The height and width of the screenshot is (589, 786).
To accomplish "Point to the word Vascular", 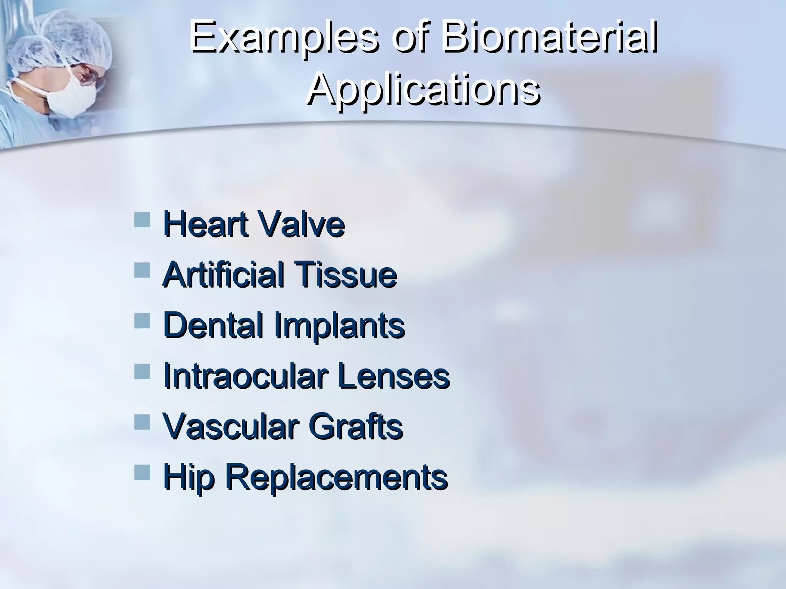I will tap(230, 426).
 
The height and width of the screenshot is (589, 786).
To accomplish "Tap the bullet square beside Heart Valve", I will tap(142, 220).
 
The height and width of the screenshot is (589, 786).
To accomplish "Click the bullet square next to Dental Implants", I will tap(142, 321).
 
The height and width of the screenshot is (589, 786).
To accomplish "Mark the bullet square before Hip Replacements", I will tap(142, 473).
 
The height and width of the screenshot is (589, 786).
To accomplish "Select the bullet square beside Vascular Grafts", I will tap(142, 423).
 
